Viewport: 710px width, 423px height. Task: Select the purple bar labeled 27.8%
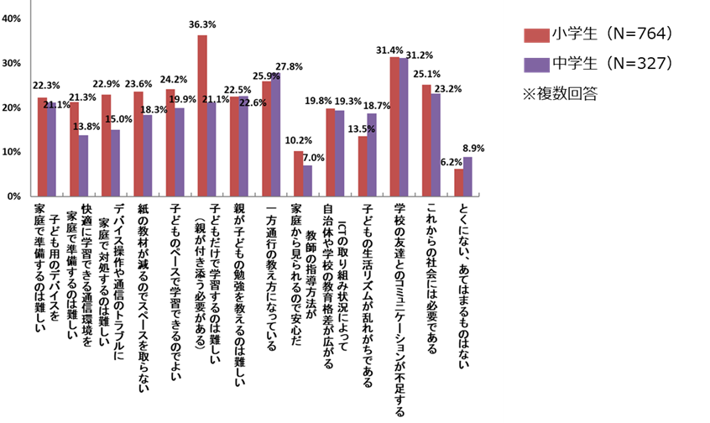point(277,134)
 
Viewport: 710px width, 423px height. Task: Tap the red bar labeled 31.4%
point(395,127)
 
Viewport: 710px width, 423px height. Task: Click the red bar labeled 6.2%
point(459,182)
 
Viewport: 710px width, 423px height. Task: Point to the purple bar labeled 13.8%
point(84,165)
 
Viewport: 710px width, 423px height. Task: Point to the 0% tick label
point(14,196)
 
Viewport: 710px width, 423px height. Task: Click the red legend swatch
point(537,35)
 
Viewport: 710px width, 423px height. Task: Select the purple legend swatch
point(537,65)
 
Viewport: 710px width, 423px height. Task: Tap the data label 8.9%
point(473,149)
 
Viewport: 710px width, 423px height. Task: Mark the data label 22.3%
point(45,86)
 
